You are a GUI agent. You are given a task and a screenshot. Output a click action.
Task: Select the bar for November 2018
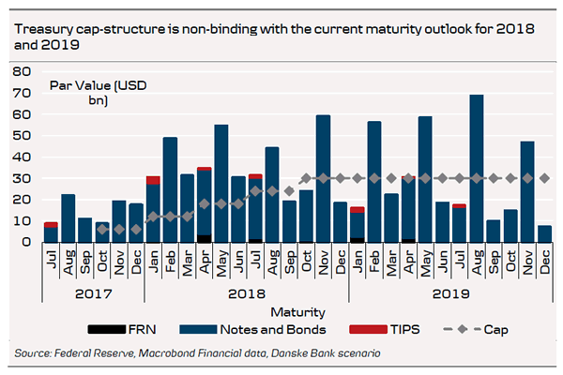(323, 178)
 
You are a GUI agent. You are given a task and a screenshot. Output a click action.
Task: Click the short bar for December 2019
(544, 233)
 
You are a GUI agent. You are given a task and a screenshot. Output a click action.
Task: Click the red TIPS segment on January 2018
(153, 180)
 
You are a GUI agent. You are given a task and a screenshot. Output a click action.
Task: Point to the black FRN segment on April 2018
(204, 238)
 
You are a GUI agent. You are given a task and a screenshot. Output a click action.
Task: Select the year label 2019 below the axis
(450, 292)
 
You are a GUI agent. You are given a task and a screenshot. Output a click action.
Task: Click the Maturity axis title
(297, 310)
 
